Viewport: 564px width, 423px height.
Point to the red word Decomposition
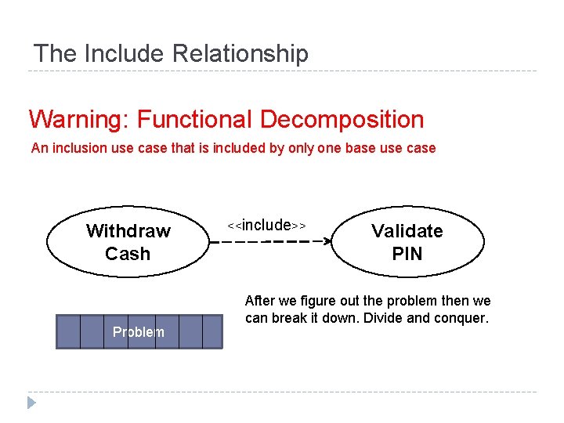pyautogui.click(x=342, y=120)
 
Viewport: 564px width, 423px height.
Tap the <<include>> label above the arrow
pyautogui.click(x=266, y=226)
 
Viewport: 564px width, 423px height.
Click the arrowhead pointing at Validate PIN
pyautogui.click(x=328, y=241)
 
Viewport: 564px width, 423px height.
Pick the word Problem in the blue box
pyautogui.click(x=139, y=332)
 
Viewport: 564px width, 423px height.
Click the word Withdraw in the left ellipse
pyautogui.click(x=128, y=231)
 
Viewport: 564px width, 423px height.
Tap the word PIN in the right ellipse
pyautogui.click(x=407, y=254)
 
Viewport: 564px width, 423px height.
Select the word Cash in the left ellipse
pyautogui.click(x=128, y=254)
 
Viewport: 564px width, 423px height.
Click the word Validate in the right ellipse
pyautogui.click(x=407, y=231)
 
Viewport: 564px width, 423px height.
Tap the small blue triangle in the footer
pyautogui.click(x=32, y=403)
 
